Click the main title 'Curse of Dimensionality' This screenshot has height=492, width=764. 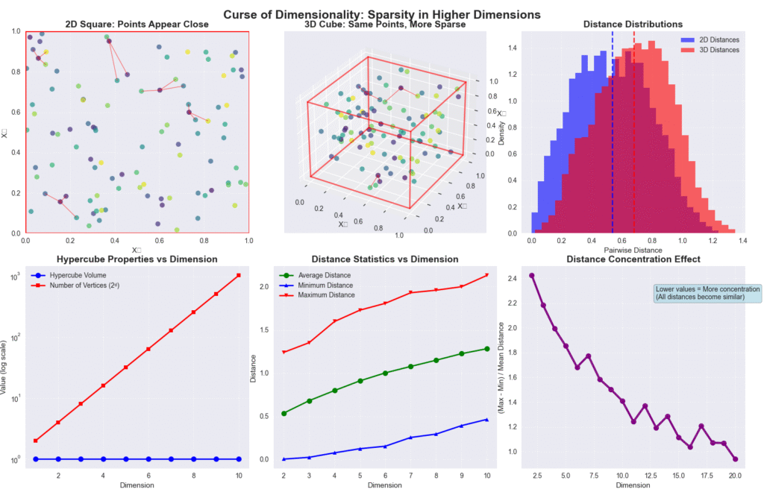[382, 15]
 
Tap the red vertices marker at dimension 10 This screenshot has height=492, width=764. [238, 275]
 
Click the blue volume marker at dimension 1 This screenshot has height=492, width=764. [36, 459]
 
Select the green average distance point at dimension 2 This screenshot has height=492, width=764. [284, 413]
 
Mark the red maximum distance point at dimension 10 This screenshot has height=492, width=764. [486, 275]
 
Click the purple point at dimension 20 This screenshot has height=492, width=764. [735, 459]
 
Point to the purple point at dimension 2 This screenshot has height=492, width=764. [531, 275]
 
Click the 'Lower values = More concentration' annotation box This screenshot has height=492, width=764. [707, 293]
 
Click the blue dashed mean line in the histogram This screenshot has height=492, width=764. [613, 149]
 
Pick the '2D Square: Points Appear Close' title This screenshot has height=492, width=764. [137, 25]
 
